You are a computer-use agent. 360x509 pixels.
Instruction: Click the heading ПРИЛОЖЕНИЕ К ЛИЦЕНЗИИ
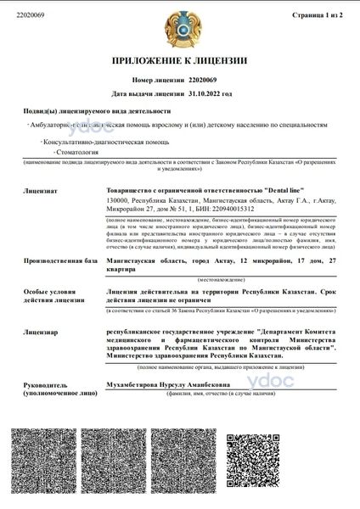[180, 61]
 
